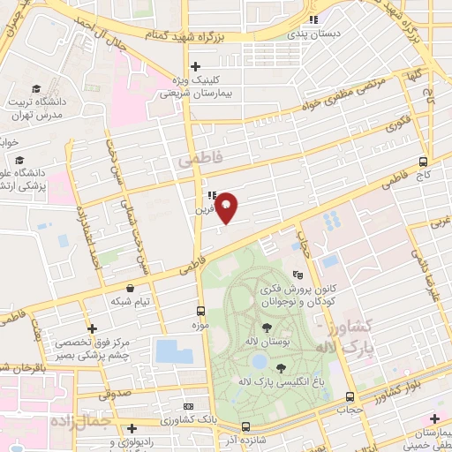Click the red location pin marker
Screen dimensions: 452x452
coord(227,207)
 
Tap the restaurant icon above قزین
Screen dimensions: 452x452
coord(211,195)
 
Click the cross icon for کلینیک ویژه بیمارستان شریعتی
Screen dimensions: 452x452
coord(195,66)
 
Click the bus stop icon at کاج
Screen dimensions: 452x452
coord(424,162)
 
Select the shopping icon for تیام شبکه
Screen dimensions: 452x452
coord(131,288)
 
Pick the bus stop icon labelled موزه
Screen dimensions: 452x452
coord(200,311)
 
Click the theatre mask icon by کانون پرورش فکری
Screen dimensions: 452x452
coord(298,275)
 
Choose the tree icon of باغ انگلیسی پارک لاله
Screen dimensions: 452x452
coord(281,368)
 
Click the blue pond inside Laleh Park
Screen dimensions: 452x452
coord(259,361)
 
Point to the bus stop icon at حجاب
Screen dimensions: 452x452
coord(350,396)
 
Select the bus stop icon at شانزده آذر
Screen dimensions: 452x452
coord(245,426)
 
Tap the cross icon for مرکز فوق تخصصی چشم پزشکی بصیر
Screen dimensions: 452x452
coord(91,328)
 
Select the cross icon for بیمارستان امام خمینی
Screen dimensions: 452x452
coord(433,418)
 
